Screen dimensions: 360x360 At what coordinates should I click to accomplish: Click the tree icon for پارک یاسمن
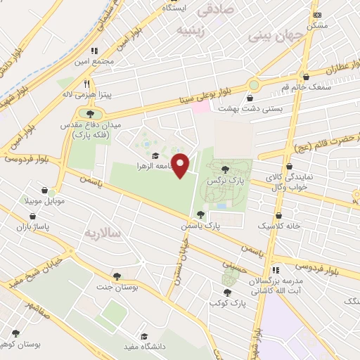[201, 215]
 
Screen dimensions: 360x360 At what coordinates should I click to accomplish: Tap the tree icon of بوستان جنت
[117, 276]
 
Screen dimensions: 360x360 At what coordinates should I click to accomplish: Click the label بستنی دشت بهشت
[251, 109]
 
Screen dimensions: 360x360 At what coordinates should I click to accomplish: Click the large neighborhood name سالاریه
[103, 231]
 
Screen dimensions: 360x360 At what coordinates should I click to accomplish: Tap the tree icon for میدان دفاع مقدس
[90, 113]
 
